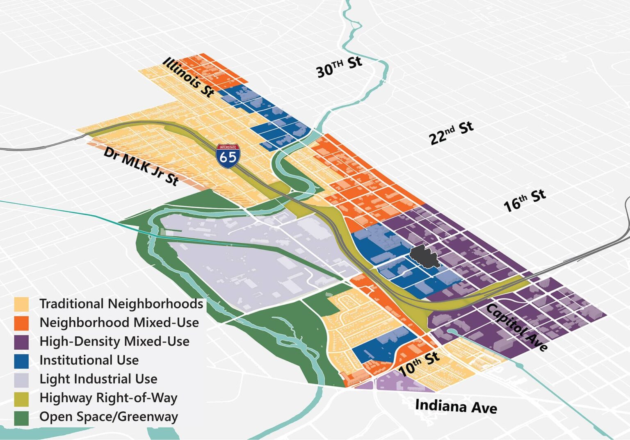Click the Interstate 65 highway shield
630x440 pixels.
tap(228, 156)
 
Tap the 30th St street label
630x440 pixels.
tap(339, 67)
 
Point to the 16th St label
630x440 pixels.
tap(525, 200)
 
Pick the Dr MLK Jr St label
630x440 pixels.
tap(141, 166)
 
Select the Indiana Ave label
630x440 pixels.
tap(456, 406)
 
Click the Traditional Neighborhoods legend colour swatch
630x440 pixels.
tap(21, 304)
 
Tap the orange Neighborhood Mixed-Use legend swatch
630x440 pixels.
tap(21, 323)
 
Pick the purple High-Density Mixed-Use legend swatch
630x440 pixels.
tap(21, 342)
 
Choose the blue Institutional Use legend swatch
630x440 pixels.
tap(21, 360)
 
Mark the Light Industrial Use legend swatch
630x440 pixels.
tap(21, 379)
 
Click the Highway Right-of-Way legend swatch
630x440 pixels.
tap(21, 398)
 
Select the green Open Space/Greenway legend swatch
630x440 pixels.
tap(21, 417)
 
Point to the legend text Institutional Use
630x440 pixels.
tap(89, 360)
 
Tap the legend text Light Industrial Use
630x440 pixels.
tap(98, 379)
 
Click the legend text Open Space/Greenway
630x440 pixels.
tap(109, 417)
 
